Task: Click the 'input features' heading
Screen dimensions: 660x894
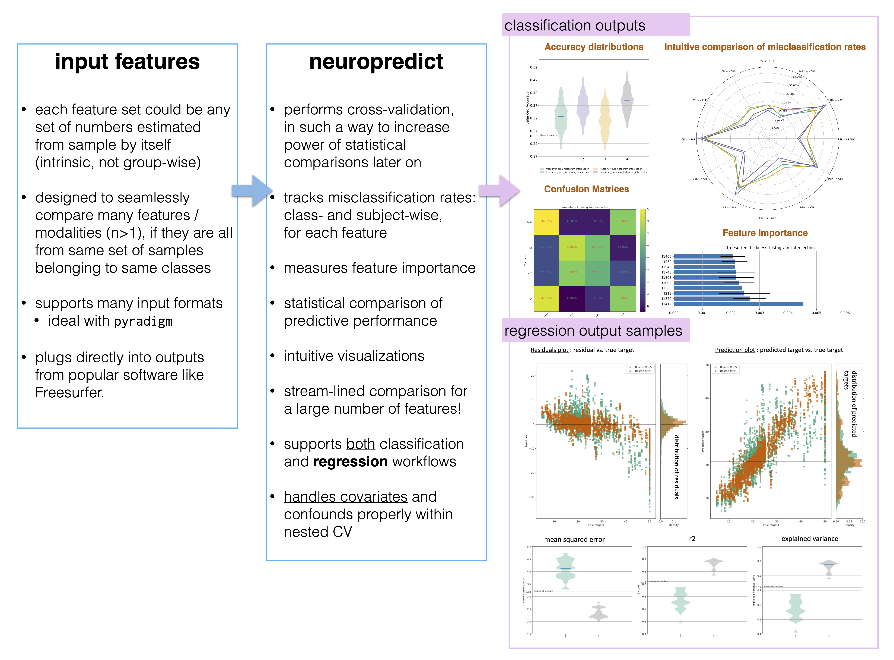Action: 127,62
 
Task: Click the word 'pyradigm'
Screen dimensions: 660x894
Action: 143,321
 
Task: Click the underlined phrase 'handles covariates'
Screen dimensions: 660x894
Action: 345,497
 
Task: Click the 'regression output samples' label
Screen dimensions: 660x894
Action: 593,331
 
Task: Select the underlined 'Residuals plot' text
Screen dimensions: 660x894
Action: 549,350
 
